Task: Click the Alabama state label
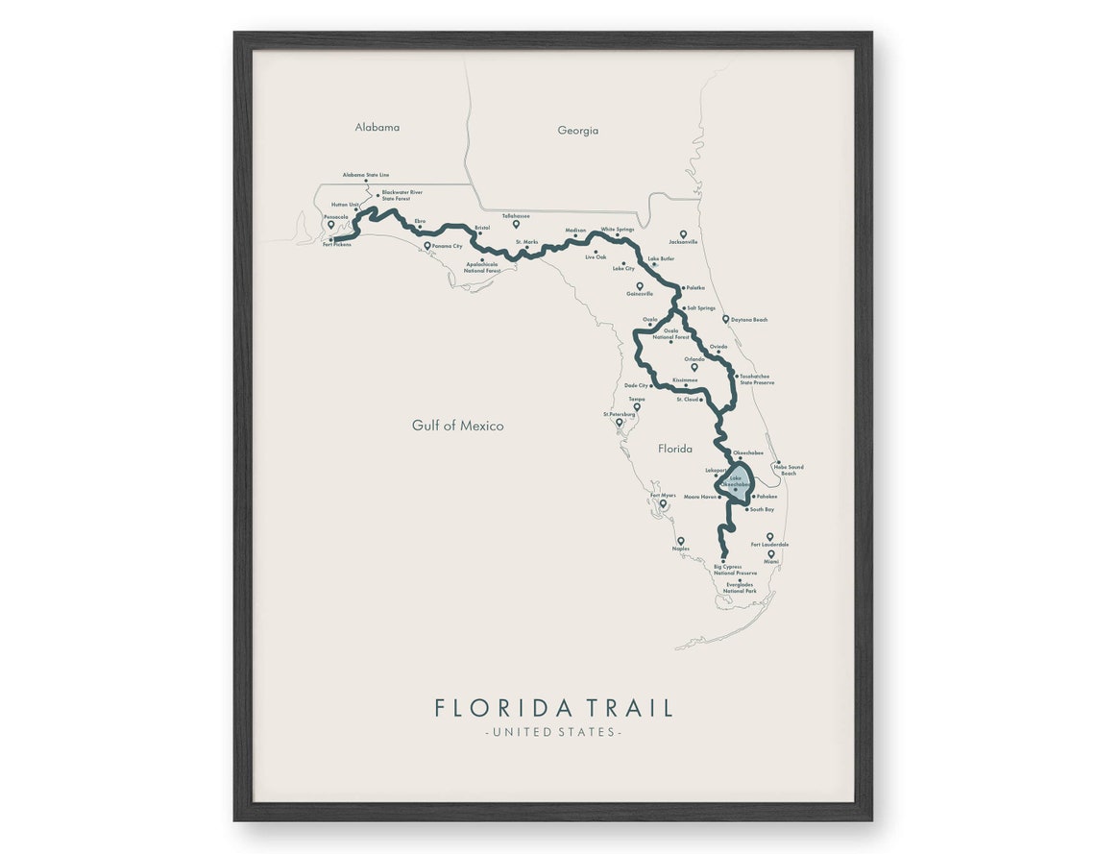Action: pos(377,127)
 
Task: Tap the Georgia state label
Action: pos(577,131)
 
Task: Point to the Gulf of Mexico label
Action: pos(457,426)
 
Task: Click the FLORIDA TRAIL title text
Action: pos(553,708)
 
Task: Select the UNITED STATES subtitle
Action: pos(553,732)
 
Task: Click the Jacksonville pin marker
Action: pos(683,233)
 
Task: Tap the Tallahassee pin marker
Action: pos(516,224)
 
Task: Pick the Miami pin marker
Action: pos(770,553)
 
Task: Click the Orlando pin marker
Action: pos(694,366)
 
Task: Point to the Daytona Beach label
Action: pos(750,319)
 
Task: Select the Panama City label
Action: pos(447,247)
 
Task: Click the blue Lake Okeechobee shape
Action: pos(737,481)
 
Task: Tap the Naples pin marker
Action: pos(681,541)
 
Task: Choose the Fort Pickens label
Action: pos(337,245)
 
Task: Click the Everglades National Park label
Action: pos(741,588)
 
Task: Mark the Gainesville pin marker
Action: pos(640,285)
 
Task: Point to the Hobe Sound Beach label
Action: pos(789,470)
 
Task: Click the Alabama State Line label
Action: pos(366,175)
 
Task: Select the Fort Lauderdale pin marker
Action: pos(769,536)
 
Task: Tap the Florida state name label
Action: pos(674,449)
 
